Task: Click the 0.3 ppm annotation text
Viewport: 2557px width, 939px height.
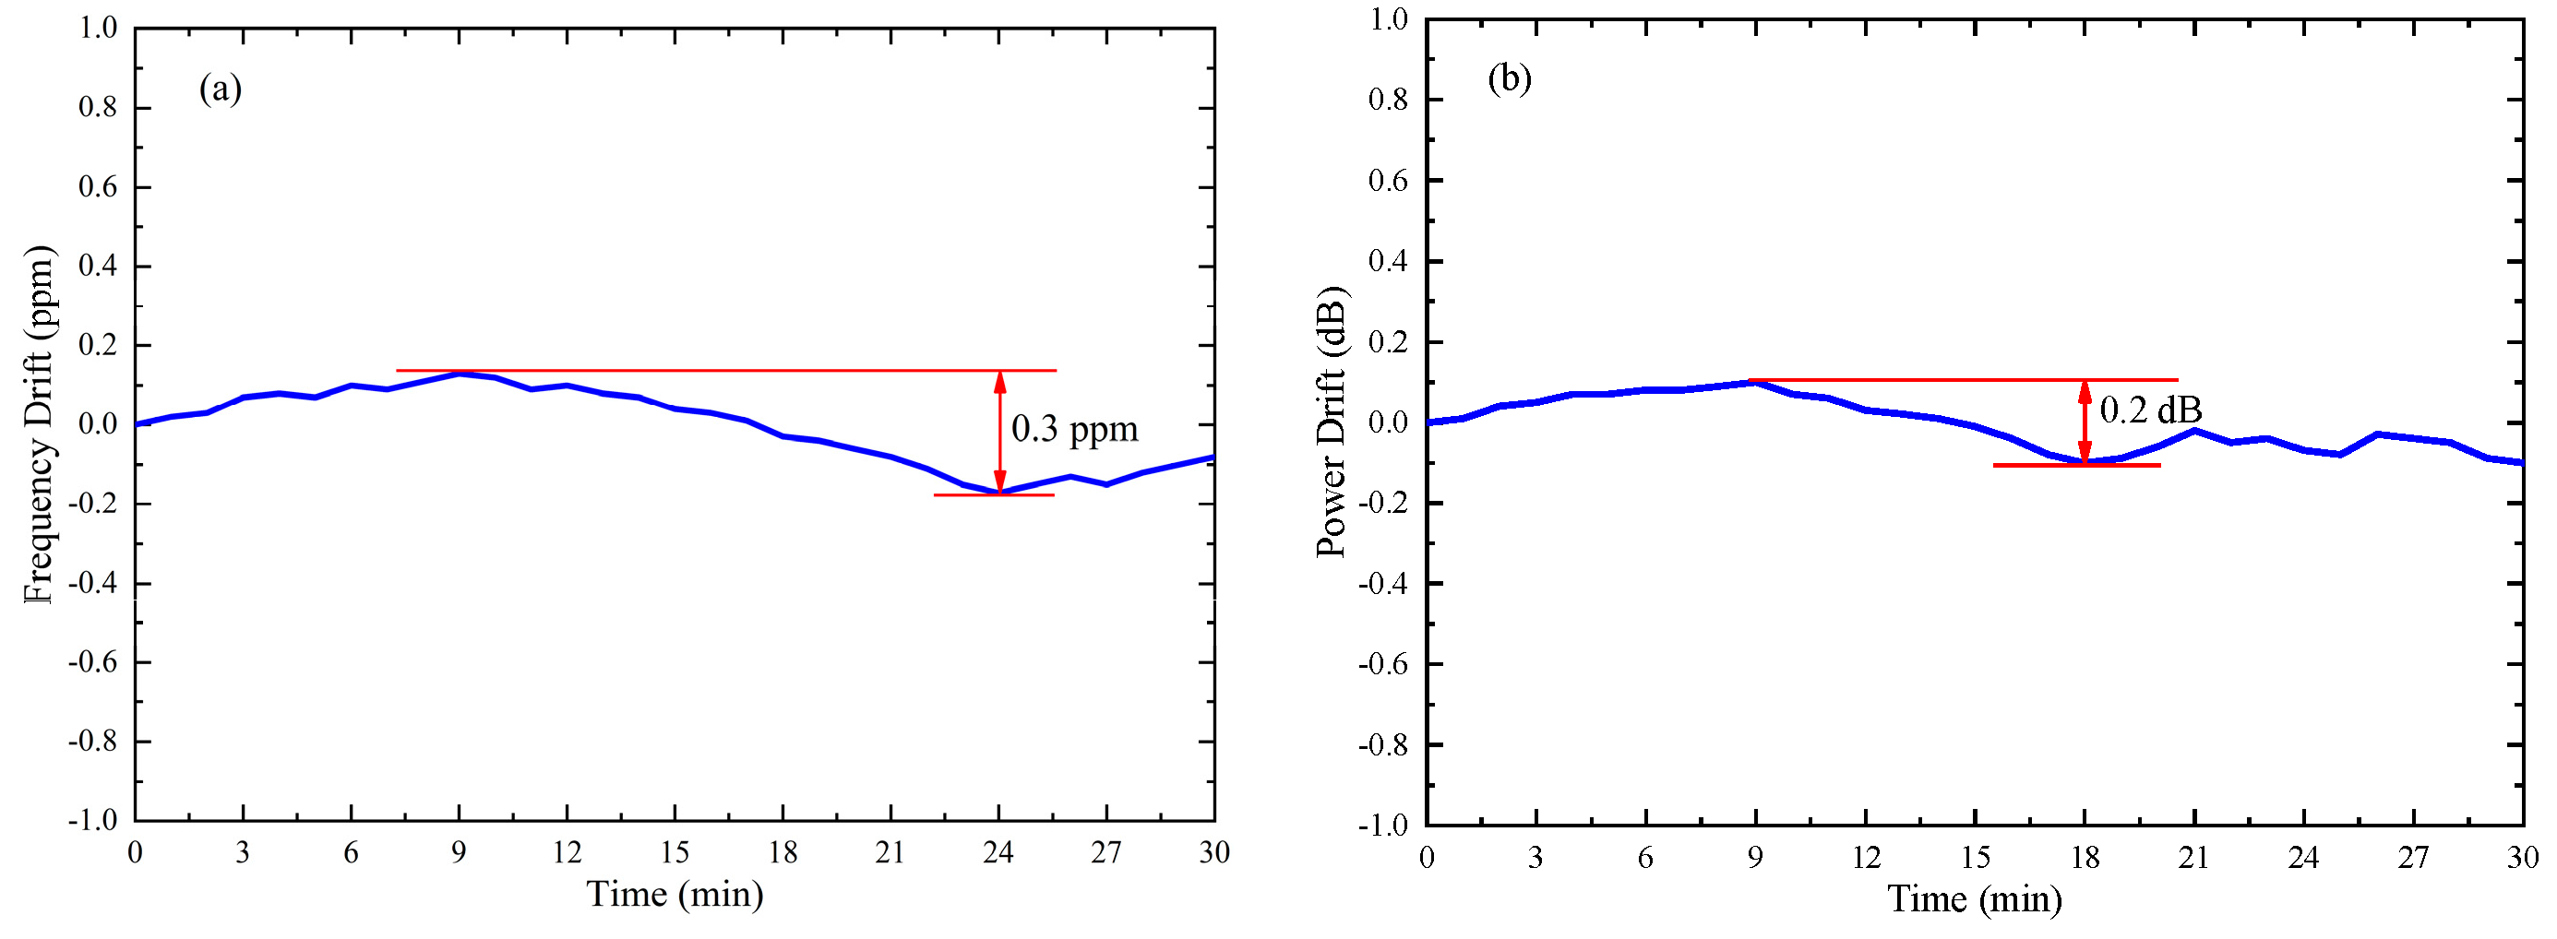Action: tap(1074, 429)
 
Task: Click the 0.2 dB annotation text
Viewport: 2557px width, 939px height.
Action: tap(2150, 409)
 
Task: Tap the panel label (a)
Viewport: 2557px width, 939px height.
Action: tap(221, 89)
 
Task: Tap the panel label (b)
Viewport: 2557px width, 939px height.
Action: tap(1509, 77)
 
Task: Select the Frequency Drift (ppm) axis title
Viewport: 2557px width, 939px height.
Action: tap(40, 423)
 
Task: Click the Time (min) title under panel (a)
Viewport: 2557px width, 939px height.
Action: tap(675, 895)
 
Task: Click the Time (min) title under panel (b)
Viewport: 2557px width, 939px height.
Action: tap(1975, 899)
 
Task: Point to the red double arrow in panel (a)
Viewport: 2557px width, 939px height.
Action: tap(999, 432)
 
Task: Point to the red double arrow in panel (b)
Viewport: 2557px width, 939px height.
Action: tap(2085, 422)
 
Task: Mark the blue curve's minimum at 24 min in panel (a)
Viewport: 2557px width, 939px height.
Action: tap(999, 492)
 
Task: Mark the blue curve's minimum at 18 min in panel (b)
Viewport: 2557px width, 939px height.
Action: tap(2085, 461)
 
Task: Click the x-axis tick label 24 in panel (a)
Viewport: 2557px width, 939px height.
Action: tap(998, 851)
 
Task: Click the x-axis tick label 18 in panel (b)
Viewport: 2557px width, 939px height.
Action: tap(2085, 857)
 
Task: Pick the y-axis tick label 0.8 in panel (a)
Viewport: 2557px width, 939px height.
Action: tap(97, 107)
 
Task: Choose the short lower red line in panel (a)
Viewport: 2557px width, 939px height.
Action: tap(993, 495)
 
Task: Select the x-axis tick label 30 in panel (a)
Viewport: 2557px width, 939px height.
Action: tap(1213, 851)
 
